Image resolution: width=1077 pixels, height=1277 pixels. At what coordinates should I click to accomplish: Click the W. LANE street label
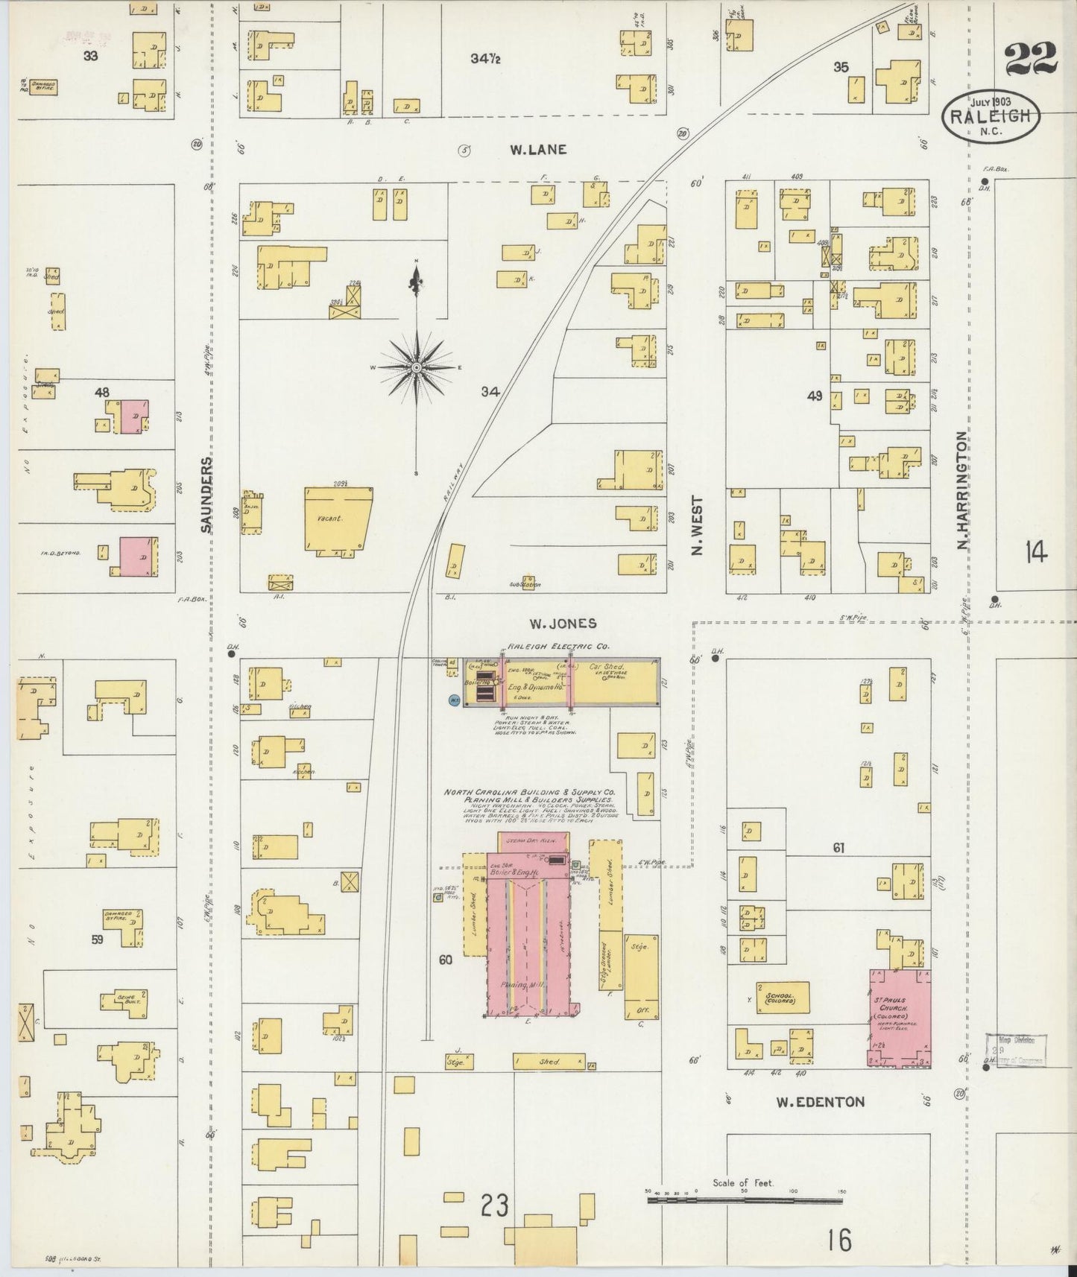[537, 149]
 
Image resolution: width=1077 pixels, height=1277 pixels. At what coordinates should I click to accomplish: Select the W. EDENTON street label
[820, 1101]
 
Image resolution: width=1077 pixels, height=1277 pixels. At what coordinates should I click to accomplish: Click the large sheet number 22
[1031, 59]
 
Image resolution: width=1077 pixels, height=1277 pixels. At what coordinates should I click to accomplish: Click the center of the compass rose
[416, 367]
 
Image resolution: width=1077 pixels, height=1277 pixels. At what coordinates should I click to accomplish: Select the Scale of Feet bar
[745, 1200]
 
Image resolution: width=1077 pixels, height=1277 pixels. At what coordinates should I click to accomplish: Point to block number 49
[814, 396]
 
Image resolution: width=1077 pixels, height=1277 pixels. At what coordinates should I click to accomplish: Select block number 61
[838, 847]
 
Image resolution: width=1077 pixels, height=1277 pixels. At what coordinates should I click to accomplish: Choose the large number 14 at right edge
[1035, 553]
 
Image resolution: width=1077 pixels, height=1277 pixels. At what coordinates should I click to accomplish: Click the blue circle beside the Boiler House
[453, 700]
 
